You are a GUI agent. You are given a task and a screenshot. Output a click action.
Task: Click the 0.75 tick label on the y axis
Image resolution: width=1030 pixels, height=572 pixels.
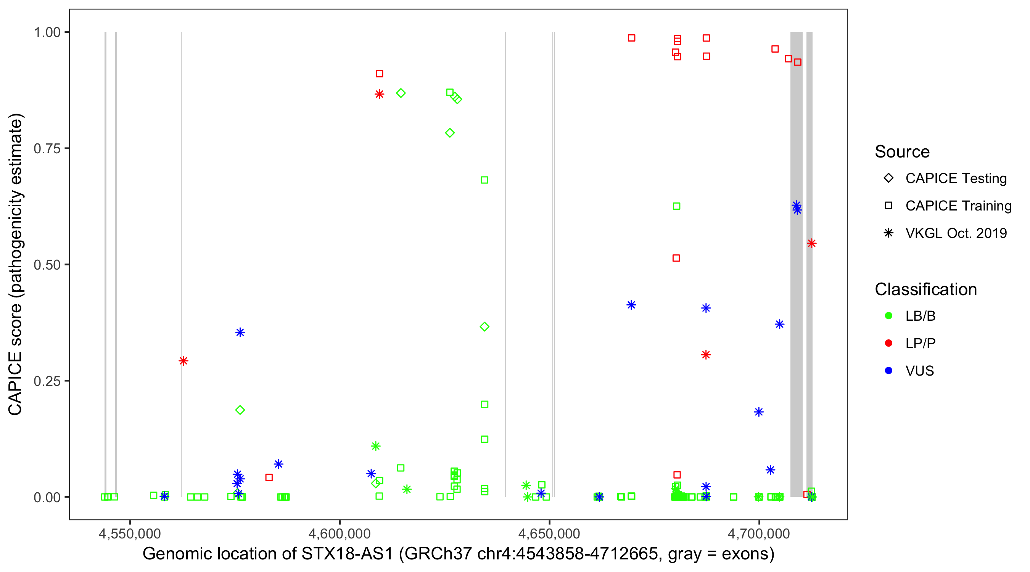point(47,148)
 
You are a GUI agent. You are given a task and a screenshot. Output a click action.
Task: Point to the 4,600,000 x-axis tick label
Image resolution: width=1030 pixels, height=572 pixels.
point(340,533)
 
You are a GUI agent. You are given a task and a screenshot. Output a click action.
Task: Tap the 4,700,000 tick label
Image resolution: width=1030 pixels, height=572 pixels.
point(758,533)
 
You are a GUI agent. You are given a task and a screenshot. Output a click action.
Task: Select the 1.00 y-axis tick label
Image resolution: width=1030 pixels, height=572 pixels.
point(47,32)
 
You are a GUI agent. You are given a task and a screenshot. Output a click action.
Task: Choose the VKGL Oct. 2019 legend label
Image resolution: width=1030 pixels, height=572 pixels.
point(956,233)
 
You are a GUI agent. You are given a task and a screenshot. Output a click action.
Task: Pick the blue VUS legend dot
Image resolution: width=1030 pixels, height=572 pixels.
point(888,371)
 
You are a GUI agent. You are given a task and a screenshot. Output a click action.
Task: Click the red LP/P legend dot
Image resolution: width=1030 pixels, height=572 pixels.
point(888,343)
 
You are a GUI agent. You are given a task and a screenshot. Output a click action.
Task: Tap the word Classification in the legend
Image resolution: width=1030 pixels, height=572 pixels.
point(925,289)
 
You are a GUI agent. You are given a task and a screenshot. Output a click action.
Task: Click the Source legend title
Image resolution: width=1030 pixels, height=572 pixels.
point(902,151)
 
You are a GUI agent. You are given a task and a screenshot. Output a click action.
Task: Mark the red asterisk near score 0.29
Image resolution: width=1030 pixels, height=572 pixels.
point(183,361)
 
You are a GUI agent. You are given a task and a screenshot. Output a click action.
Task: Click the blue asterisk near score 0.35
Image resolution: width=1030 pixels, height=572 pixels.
point(240,332)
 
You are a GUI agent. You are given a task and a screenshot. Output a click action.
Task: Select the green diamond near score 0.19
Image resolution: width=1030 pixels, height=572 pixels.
point(240,410)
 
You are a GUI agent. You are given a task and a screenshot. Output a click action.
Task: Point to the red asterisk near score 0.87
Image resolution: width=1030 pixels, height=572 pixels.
point(379,94)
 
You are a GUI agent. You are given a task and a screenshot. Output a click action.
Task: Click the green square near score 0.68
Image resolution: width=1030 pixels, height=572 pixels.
point(484,180)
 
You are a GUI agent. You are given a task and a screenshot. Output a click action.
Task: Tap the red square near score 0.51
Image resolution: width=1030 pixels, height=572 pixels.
point(676,258)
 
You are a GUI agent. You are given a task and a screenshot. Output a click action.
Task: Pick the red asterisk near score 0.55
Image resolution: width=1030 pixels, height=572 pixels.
point(811,243)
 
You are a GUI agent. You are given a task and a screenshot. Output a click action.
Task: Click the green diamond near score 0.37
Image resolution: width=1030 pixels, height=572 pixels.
point(484,326)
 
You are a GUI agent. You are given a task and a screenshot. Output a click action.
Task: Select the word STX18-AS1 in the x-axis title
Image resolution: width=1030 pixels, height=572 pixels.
point(347,554)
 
